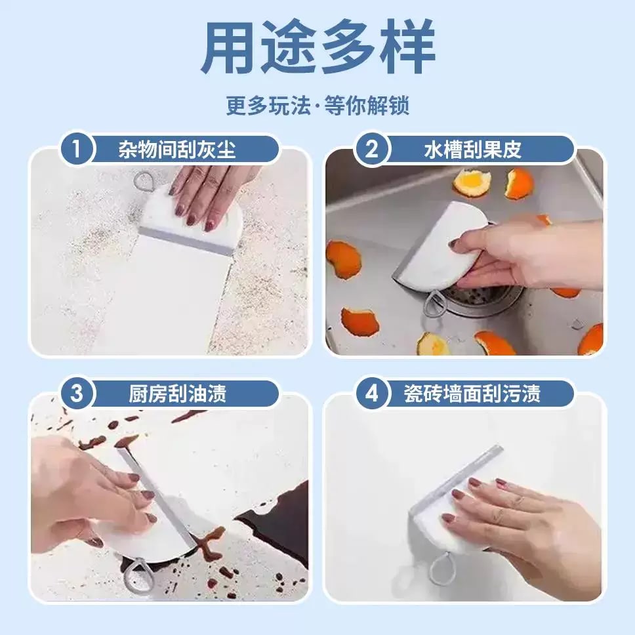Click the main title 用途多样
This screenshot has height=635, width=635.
pyautogui.click(x=318, y=47)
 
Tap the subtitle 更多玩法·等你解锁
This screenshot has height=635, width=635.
pyautogui.click(x=318, y=106)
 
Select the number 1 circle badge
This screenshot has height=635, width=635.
pyautogui.click(x=77, y=149)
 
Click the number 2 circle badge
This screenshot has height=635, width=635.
pyautogui.click(x=371, y=149)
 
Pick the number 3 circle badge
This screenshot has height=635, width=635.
pyautogui.click(x=77, y=393)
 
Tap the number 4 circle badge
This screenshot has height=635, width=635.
pyautogui.click(x=371, y=393)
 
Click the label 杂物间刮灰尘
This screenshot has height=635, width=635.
pyautogui.click(x=177, y=149)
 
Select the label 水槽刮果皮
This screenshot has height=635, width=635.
pyautogui.click(x=472, y=149)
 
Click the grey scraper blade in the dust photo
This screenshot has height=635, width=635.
pyautogui.click(x=186, y=242)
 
